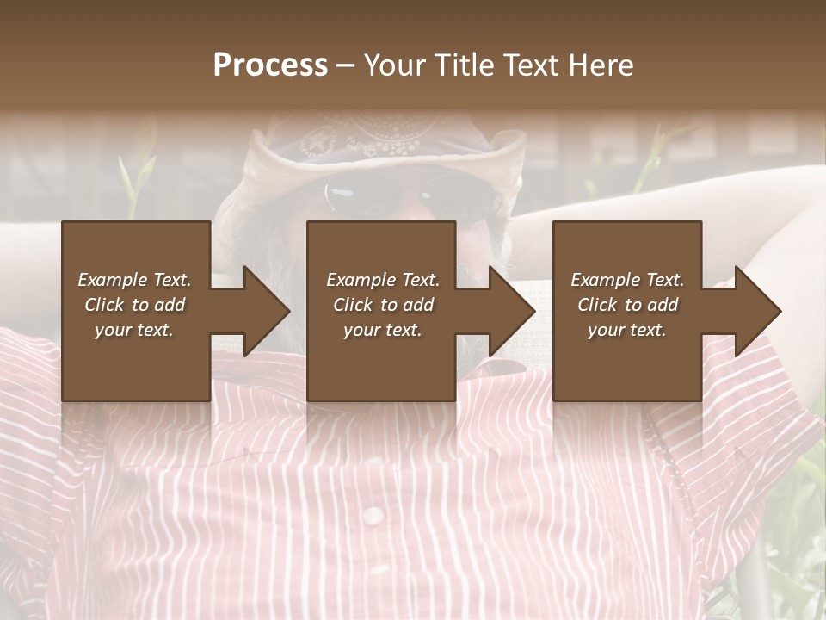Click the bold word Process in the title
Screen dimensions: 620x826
270,65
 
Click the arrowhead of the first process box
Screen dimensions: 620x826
266,312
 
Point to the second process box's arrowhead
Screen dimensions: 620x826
511,312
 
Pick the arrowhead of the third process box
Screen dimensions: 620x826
757,312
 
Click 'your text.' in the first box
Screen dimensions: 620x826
134,330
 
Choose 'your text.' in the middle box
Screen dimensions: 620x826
383,330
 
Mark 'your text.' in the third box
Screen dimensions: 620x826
627,330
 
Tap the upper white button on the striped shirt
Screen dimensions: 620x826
373,516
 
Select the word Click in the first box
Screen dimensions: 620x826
105,305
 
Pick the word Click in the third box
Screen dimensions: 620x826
598,305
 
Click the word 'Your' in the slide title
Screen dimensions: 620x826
395,65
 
